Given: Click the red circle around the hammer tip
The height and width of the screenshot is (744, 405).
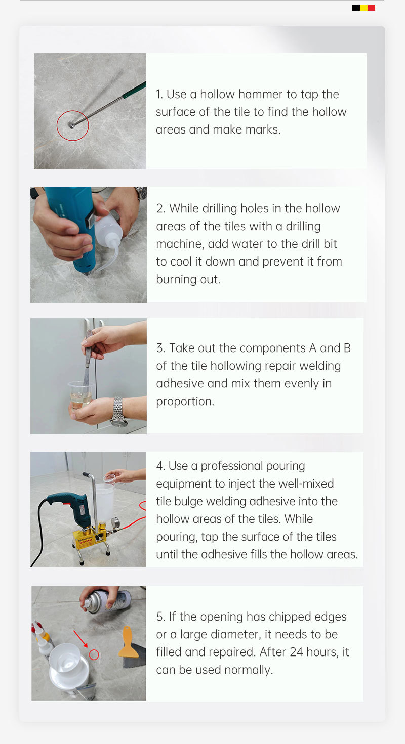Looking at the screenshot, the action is [57, 125].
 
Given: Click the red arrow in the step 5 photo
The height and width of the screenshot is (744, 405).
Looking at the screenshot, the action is [80, 638].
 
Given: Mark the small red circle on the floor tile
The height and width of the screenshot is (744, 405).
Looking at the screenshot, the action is [94, 654].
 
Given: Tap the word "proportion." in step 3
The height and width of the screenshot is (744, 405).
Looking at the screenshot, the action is [185, 402].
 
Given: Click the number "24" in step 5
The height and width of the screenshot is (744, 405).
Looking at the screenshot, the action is [297, 652].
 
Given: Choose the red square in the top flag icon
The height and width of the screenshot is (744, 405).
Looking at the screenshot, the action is [372, 8].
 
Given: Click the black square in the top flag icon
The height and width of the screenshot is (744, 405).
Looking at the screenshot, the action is [356, 8].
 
